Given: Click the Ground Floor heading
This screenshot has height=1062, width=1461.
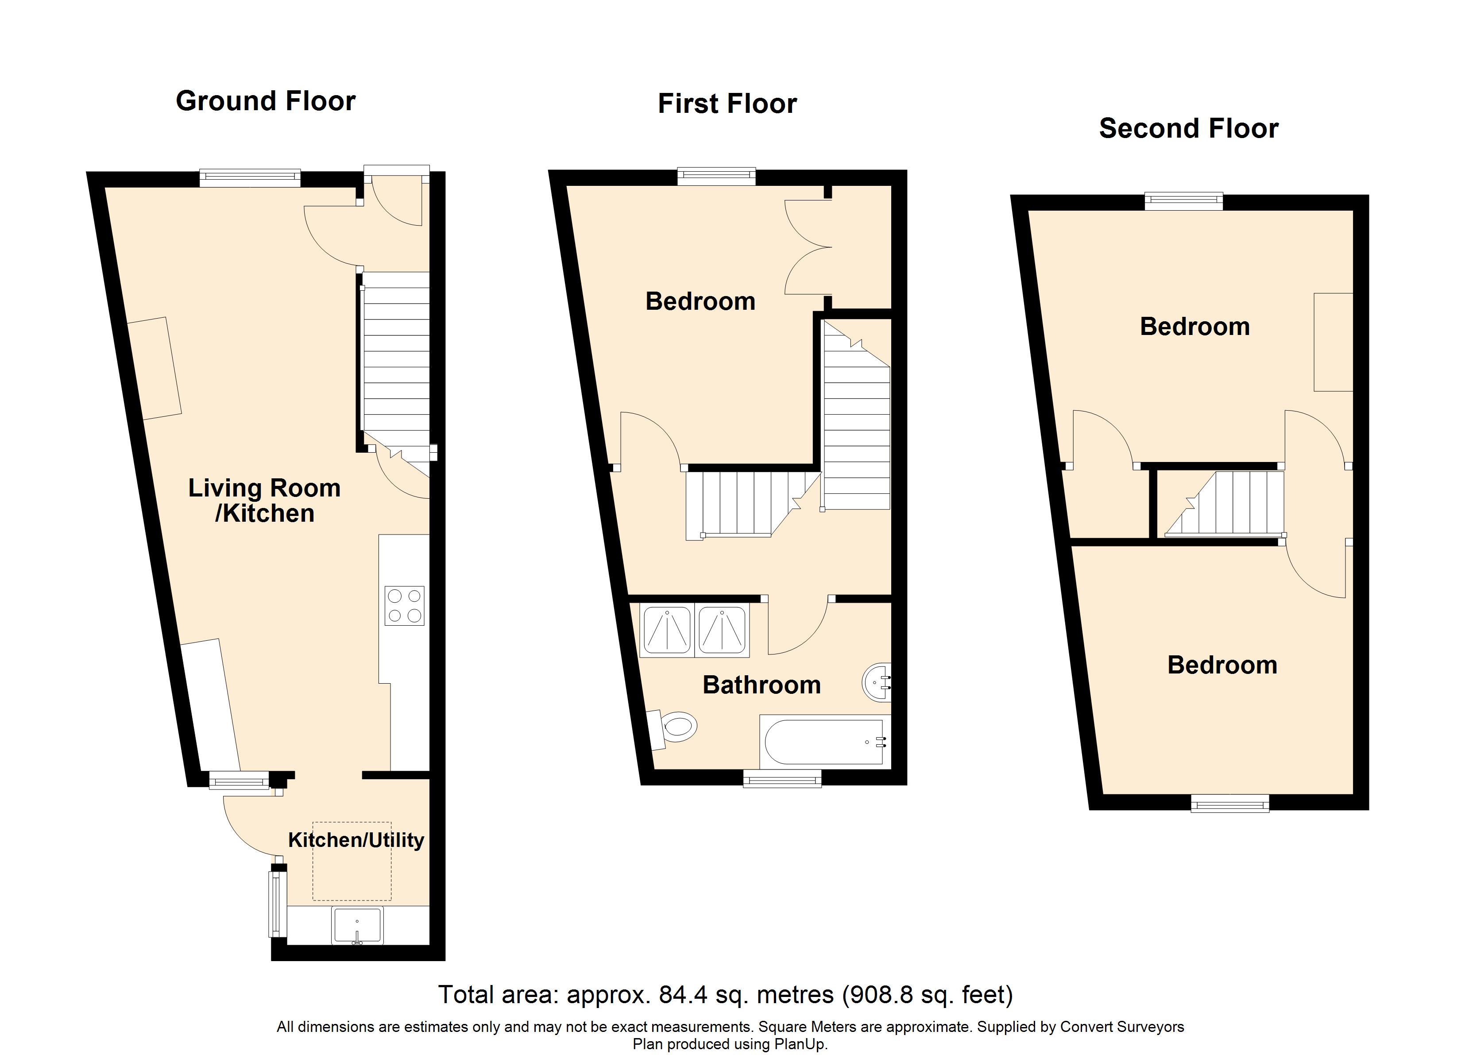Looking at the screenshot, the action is tap(265, 101).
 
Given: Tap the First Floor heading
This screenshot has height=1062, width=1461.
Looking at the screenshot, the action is tap(727, 104).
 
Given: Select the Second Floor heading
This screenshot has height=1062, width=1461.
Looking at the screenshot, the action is tap(1189, 128).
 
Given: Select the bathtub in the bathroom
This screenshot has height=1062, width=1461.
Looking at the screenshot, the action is tap(824, 741).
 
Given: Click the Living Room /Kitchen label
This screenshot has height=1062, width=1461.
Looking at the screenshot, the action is tap(264, 500).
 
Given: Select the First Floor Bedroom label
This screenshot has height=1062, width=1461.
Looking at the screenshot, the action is tap(700, 301).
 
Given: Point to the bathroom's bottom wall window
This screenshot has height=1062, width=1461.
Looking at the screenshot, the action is tap(782, 779).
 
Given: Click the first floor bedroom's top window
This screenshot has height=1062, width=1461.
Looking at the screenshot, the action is tap(716, 176).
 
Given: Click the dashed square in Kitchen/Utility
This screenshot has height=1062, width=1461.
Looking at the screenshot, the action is tap(352, 861).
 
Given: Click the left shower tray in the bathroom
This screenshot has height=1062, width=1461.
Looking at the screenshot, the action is tap(667, 630).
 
